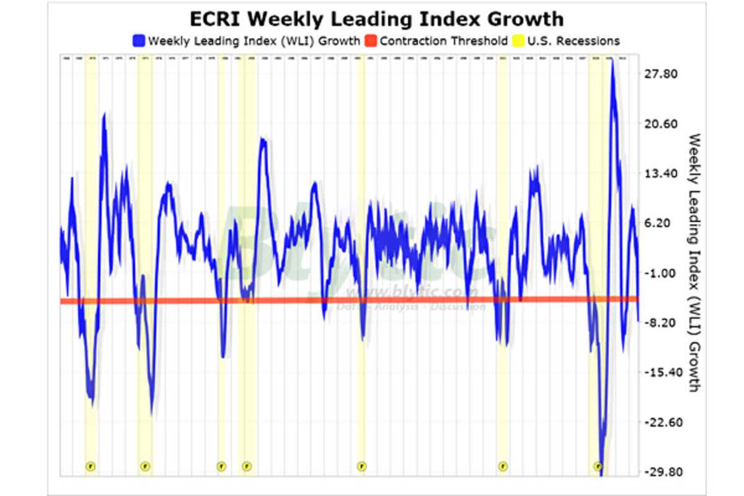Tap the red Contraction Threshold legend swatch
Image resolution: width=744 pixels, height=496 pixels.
click(x=370, y=42)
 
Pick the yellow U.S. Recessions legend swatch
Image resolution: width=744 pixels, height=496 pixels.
click(x=518, y=42)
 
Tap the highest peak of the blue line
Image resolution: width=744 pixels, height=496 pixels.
click(x=613, y=62)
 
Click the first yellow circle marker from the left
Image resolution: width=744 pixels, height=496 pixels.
click(x=91, y=466)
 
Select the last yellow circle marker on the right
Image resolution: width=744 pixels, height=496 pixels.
click(x=598, y=466)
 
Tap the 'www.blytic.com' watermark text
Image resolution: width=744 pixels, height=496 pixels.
click(x=412, y=292)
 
